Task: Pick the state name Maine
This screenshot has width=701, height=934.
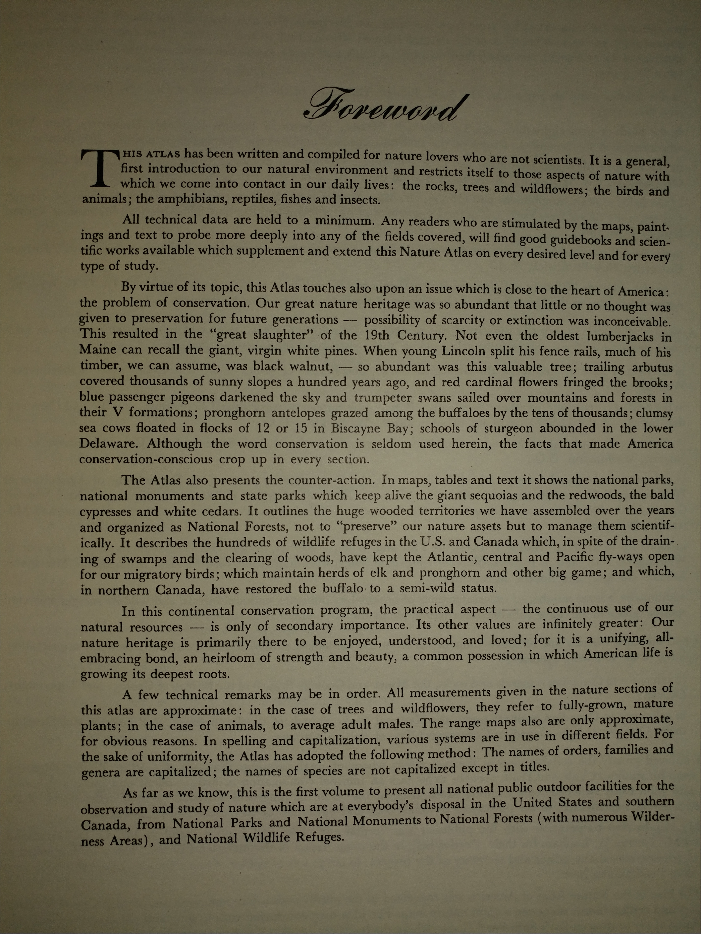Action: (98, 350)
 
